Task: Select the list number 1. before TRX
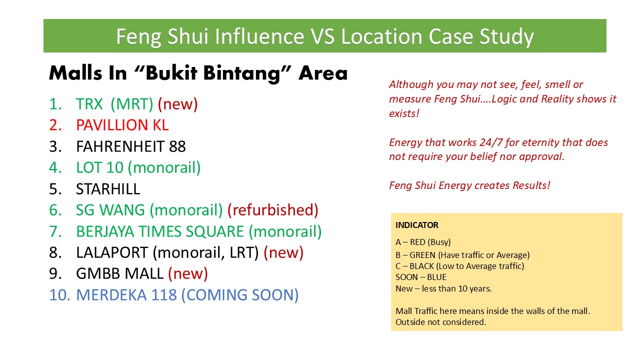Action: pos(55,104)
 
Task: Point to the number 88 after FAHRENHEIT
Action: pos(177,146)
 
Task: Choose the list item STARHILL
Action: pos(108,189)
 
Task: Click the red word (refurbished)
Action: pos(273,210)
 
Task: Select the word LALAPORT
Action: pos(112,252)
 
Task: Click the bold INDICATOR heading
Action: pos(417,225)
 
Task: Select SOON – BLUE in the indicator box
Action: pos(421,277)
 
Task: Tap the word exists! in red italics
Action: pos(404,113)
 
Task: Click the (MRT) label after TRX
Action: pos(132,104)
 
